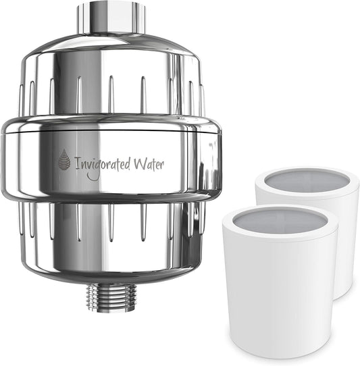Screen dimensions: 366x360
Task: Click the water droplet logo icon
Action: (x=63, y=159)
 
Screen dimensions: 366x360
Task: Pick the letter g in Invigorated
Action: (x=95, y=165)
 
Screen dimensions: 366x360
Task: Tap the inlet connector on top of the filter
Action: (x=110, y=18)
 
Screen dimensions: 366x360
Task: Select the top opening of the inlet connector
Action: (x=110, y=5)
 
